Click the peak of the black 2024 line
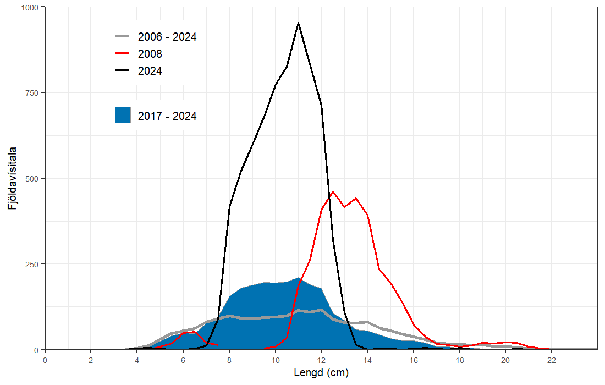point(298,23)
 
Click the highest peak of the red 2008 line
point(333,192)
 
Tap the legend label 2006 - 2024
point(167,37)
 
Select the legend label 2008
point(150,54)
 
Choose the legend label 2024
point(150,70)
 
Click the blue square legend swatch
point(123,116)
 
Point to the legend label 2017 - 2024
point(167,116)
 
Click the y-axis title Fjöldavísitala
point(12,178)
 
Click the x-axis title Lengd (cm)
point(321,372)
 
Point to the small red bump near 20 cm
point(506,342)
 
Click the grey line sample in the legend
point(123,37)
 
